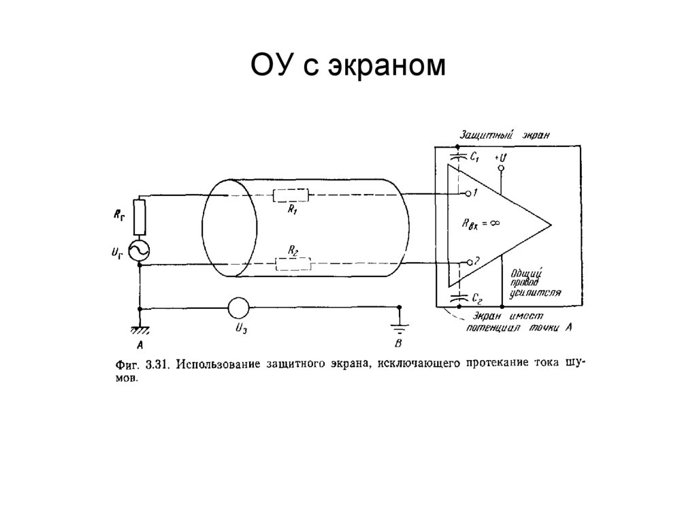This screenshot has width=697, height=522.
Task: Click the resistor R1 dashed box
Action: (x=291, y=196)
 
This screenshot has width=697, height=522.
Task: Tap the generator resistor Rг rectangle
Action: (x=140, y=217)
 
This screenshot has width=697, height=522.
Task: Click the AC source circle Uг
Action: (x=140, y=250)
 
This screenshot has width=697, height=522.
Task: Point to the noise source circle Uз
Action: (x=238, y=308)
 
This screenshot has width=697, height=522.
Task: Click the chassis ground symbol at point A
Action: (x=140, y=329)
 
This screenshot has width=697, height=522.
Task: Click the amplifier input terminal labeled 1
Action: (x=468, y=194)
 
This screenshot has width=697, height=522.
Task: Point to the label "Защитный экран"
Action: (x=504, y=135)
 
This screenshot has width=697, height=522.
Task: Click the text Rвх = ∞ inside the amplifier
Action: (x=483, y=223)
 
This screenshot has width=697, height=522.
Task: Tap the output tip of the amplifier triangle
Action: (x=549, y=225)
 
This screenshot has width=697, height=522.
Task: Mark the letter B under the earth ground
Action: (x=400, y=342)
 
